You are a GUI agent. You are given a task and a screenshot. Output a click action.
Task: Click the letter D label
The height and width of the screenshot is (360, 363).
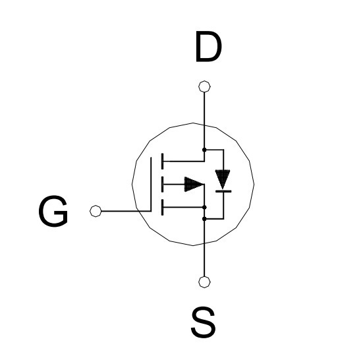point(208,47)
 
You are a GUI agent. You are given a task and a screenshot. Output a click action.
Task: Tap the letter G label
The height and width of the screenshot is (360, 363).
point(53,211)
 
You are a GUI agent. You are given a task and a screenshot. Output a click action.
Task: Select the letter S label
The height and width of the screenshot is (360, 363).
point(204,322)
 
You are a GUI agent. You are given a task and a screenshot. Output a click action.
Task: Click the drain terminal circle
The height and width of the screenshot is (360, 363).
point(204,86)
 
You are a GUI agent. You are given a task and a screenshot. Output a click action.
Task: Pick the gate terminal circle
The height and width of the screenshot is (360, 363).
point(96,211)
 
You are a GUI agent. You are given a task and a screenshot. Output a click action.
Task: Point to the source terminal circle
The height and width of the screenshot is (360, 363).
point(204,282)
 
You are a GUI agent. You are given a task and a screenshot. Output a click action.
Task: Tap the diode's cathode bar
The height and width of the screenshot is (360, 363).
point(223,191)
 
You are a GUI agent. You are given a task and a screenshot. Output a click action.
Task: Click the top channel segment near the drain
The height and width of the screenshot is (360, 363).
point(162,161)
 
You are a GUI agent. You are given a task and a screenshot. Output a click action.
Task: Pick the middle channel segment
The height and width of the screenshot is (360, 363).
point(162,185)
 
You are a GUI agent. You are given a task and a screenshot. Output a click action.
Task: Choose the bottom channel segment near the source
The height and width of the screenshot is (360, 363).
point(162,207)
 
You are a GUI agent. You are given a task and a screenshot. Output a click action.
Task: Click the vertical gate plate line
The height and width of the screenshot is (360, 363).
point(151,184)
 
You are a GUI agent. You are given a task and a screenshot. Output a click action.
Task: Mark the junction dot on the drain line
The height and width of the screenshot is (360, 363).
point(204,150)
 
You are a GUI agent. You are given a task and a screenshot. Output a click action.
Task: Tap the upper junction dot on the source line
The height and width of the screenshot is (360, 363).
point(204,207)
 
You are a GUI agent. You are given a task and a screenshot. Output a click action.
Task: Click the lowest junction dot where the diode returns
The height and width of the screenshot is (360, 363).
point(204,219)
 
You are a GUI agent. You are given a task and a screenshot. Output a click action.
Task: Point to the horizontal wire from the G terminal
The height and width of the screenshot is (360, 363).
point(126,211)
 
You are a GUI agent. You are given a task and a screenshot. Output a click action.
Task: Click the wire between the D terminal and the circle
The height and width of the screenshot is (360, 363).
point(204,109)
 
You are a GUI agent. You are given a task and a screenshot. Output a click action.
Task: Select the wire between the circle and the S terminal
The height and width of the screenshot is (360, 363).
point(204,260)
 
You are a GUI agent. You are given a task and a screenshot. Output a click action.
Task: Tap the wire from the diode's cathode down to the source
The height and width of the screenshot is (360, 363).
point(223,205)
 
